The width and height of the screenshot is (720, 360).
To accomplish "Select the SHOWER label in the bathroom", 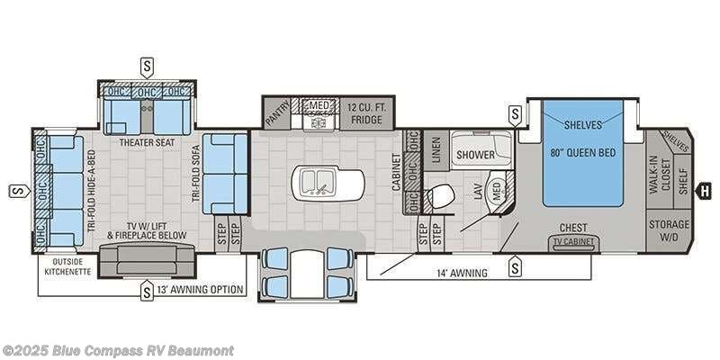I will point(474,155).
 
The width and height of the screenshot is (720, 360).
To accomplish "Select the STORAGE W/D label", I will point(670,229).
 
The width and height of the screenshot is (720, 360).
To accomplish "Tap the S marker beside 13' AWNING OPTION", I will point(146,291).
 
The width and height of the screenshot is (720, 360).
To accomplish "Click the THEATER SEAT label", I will point(146,142).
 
